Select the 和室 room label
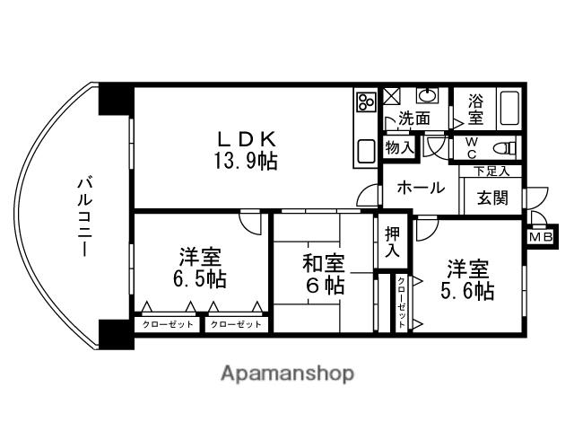click(323, 264)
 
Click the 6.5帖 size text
click(199, 279)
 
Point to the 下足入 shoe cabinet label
click(492, 171)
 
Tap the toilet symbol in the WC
click(507, 148)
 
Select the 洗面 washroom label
click(414, 119)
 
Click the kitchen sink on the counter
click(366, 150)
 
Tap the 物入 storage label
click(399, 147)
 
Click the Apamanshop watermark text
click(286, 373)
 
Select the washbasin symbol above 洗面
click(426, 96)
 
